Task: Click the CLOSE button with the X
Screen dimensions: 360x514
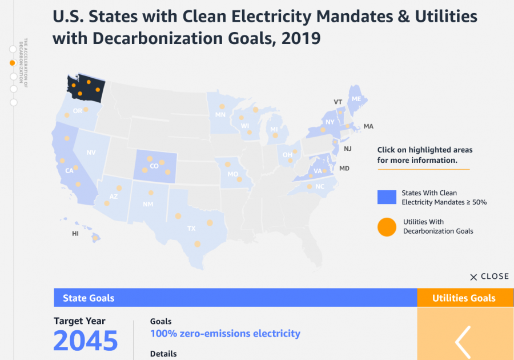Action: point(489,277)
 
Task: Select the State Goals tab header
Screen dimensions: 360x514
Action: point(89,298)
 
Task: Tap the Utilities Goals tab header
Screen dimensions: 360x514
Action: point(464,298)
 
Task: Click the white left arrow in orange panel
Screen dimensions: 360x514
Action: point(463,342)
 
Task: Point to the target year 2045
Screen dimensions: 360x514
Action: point(86,341)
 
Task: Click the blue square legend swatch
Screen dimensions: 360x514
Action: point(387,197)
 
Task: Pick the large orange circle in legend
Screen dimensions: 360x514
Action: point(387,227)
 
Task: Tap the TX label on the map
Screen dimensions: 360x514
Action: point(191,229)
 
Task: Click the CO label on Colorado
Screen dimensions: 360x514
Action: point(154,166)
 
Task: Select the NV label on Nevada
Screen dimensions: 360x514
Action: point(91,153)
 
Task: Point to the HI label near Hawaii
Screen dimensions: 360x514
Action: point(75,234)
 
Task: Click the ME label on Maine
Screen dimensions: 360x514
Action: point(356,99)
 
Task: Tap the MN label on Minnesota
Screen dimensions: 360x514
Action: point(220,114)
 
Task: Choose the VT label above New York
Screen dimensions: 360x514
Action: point(338,102)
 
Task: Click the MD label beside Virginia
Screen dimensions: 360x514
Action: point(344,169)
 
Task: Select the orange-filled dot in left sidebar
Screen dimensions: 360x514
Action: point(13,63)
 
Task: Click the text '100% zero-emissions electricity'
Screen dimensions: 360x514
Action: point(225,333)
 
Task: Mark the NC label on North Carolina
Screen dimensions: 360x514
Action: point(320,186)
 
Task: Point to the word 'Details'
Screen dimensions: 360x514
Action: point(163,354)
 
